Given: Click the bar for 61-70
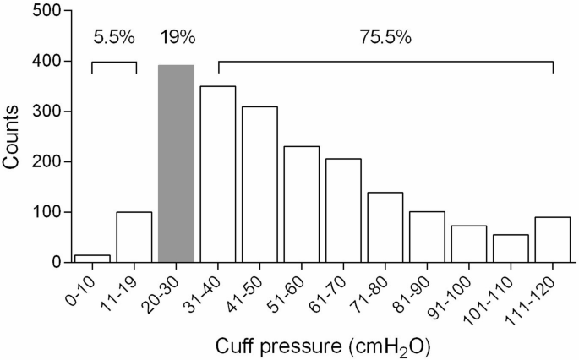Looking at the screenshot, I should click(343, 211).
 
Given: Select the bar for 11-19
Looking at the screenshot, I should click(134, 237).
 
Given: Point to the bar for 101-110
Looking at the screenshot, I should click(511, 248).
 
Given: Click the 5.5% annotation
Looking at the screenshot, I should click(113, 38).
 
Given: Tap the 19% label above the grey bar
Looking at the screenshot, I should click(178, 38).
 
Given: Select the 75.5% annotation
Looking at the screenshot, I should click(386, 38).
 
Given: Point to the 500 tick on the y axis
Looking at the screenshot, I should click(47, 12).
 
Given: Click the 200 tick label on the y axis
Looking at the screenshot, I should click(47, 162).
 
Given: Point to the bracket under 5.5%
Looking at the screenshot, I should click(113, 63).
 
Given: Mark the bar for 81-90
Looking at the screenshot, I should click(427, 237).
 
